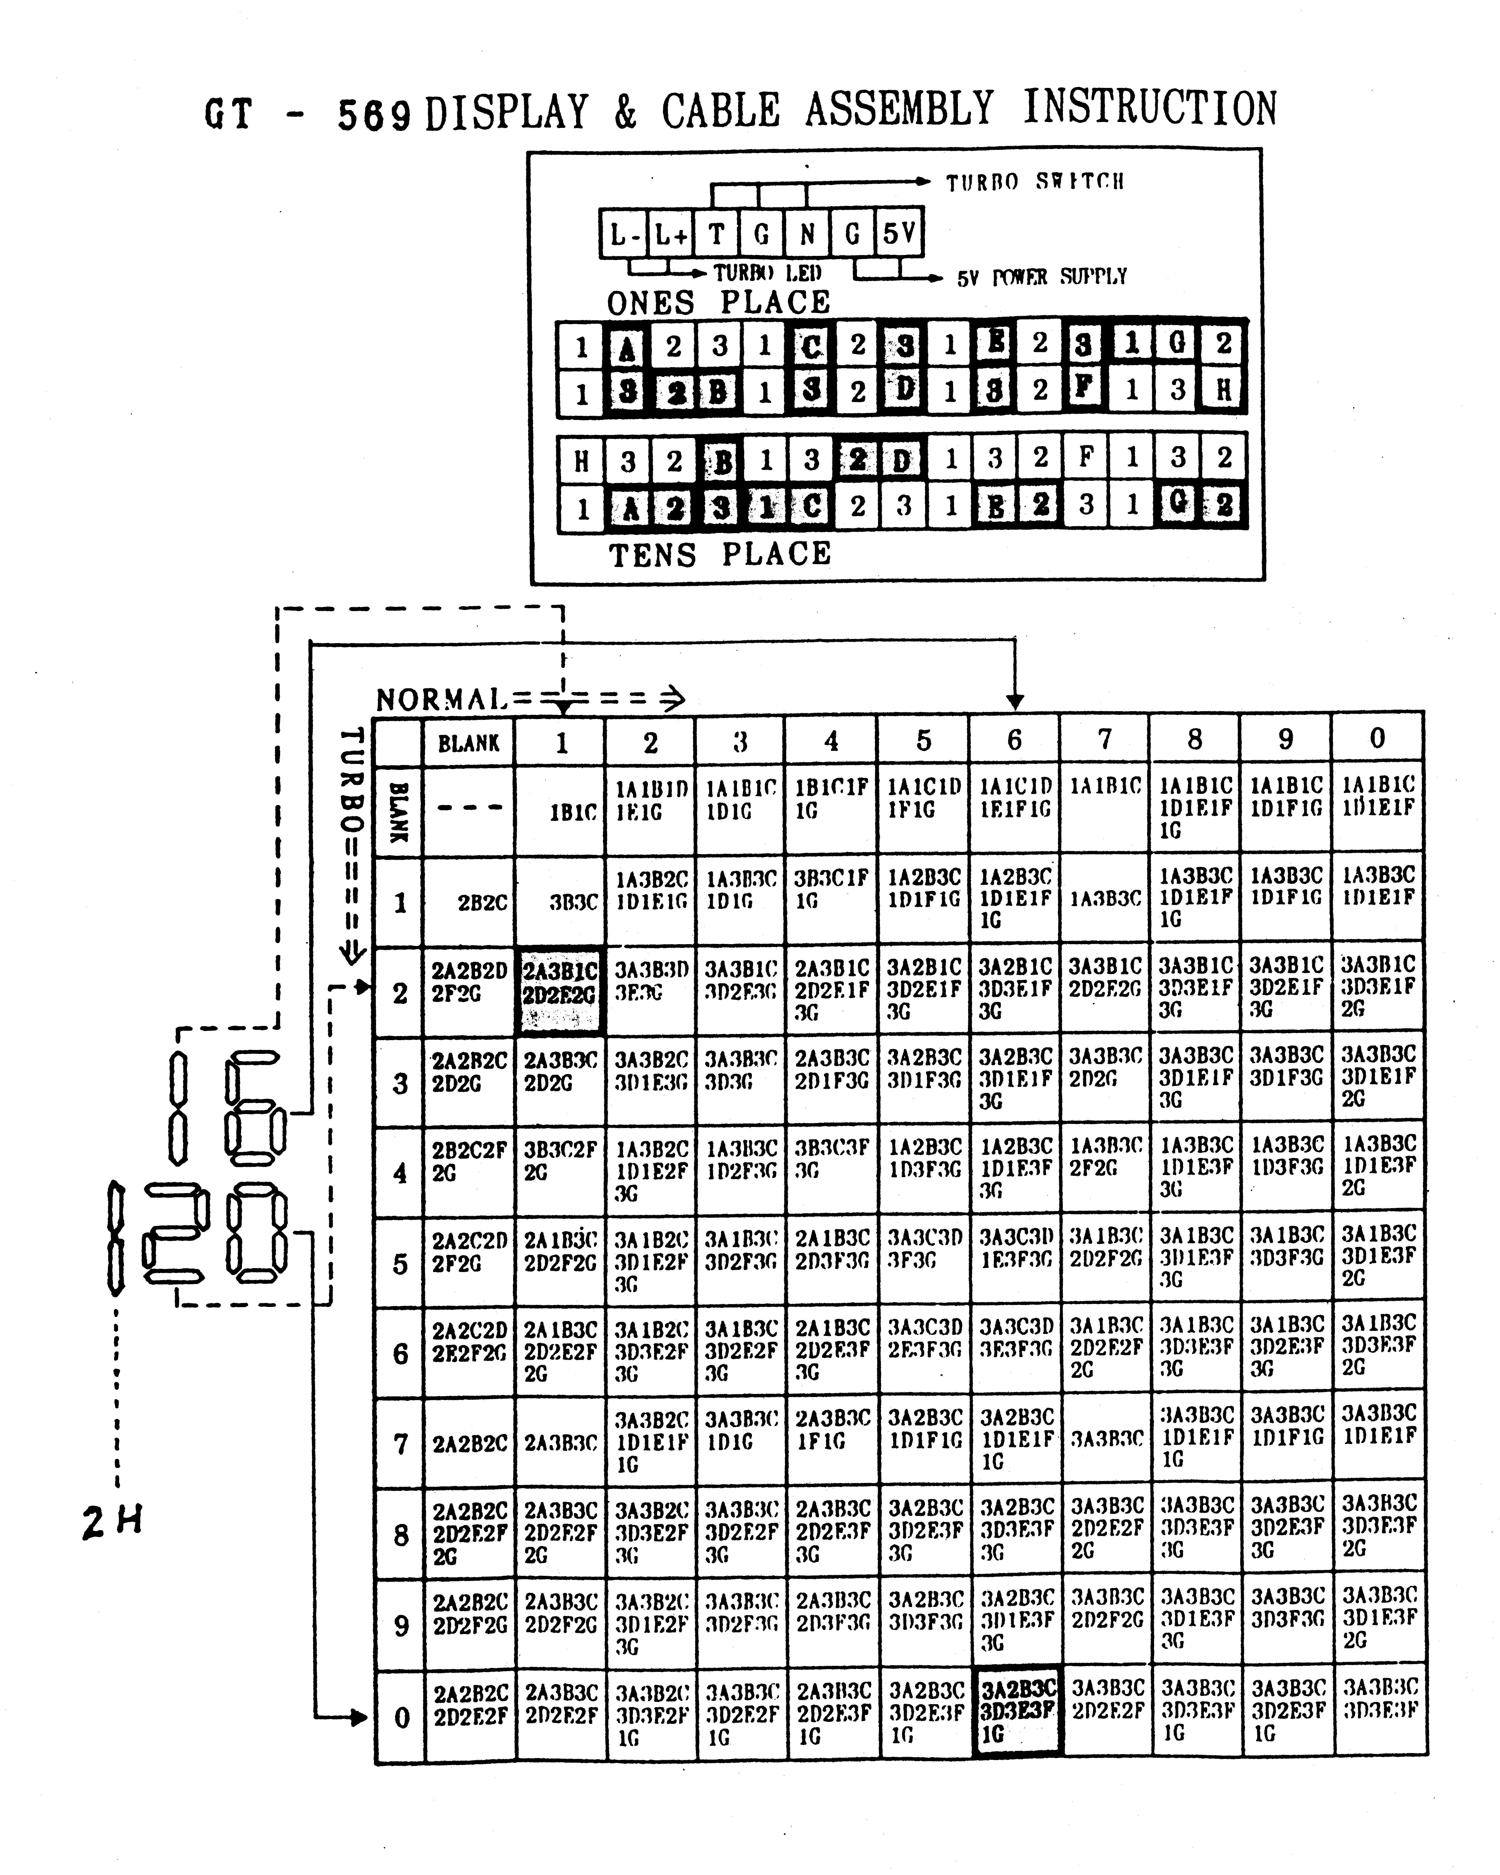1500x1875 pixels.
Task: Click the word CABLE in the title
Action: click(x=720, y=111)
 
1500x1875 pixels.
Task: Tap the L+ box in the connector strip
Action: click(x=670, y=234)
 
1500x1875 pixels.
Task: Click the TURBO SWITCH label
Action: click(x=1035, y=182)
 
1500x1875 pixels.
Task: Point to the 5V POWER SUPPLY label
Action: click(x=1042, y=277)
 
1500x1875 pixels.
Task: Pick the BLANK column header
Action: click(x=469, y=743)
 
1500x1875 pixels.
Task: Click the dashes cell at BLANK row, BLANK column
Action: click(x=469, y=807)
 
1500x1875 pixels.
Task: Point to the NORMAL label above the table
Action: click(x=442, y=699)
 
